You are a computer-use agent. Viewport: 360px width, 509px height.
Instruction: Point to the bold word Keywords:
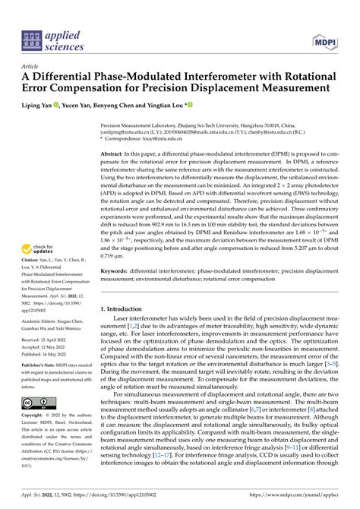click(118, 270)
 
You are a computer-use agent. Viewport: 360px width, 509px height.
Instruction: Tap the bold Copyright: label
click(36, 416)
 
